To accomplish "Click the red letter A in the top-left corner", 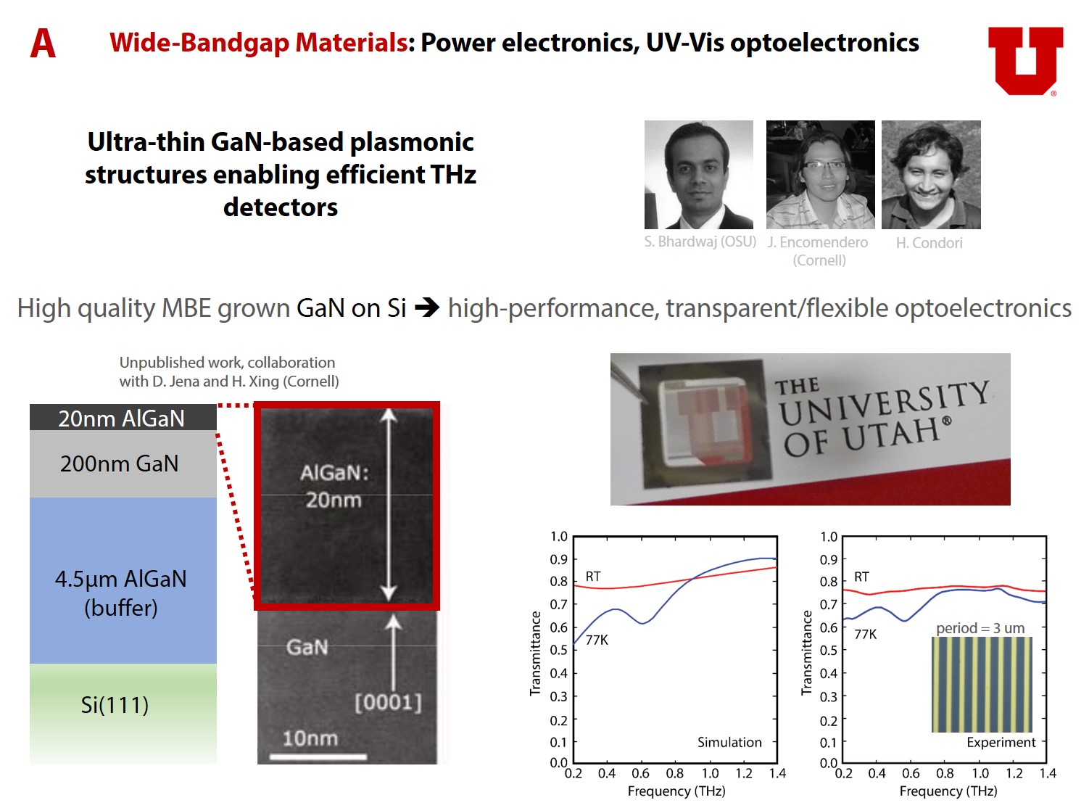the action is coord(43,44).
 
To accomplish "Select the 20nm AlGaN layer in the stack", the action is coord(123,418).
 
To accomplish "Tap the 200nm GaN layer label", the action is coord(120,463).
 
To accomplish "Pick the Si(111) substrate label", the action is coord(115,705).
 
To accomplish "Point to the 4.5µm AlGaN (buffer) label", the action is coord(121,593).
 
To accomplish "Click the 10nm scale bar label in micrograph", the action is coord(310,738).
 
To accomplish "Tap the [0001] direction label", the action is coord(388,702).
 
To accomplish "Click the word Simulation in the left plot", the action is coord(729,742).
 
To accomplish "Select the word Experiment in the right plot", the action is coord(1001,742).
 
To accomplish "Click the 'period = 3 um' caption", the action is coord(980,627).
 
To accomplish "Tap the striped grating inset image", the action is coord(982,684).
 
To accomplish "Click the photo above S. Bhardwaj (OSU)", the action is coord(699,174).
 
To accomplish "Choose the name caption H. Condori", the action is coord(929,243).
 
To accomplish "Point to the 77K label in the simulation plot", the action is coord(597,640).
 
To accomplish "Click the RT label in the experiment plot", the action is coord(861,577).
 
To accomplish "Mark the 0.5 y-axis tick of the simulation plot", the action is coord(559,650).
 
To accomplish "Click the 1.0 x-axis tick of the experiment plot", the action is coord(980,774).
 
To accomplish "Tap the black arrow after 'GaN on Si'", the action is coord(426,308).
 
